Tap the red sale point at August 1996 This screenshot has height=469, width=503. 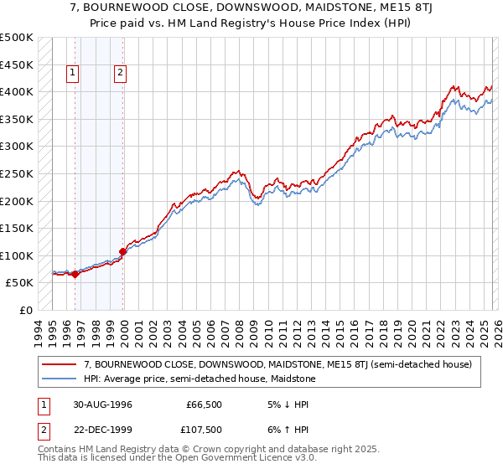(75, 274)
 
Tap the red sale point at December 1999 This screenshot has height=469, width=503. (123, 251)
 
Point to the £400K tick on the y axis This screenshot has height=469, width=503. (17, 91)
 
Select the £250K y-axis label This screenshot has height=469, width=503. (17, 173)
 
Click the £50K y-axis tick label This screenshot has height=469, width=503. (20, 283)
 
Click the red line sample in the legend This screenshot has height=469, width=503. (60, 364)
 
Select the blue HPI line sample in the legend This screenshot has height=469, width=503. (60, 379)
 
